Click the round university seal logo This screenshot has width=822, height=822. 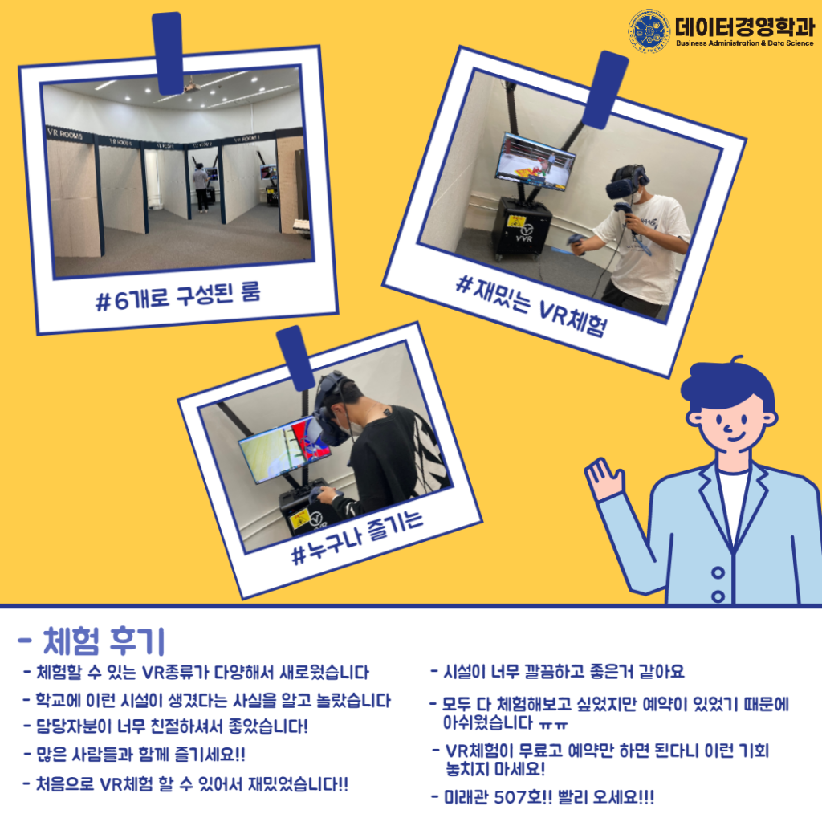point(649,31)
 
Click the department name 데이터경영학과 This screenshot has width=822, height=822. point(745,26)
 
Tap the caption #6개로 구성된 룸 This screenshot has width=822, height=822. point(177,297)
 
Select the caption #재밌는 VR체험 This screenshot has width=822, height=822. point(531,306)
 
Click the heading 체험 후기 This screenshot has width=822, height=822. point(92,641)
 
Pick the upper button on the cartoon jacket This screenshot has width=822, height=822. point(718,572)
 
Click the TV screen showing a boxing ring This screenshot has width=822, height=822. point(535,161)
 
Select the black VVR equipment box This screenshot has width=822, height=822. point(520,228)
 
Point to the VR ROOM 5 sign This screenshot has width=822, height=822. point(65,134)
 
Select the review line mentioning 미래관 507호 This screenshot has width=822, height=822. point(543,797)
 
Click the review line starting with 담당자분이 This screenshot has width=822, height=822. point(165,726)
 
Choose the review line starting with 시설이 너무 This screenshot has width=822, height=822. point(558,672)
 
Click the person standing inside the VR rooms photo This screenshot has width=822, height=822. point(201,187)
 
